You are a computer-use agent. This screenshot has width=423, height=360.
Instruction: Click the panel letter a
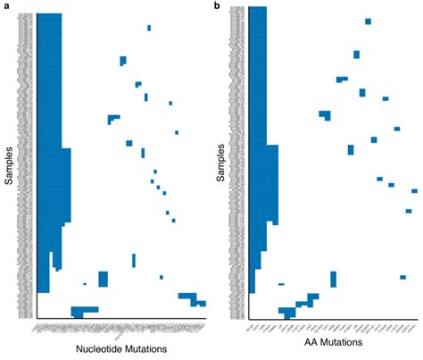tap(5, 6)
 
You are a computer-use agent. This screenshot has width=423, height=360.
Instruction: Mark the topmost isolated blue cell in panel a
tap(149, 27)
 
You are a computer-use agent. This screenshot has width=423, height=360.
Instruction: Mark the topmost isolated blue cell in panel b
tap(368, 21)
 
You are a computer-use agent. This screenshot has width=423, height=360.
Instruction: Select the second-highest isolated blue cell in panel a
tap(122, 61)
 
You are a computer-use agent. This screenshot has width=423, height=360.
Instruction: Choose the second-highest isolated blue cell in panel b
tap(356, 54)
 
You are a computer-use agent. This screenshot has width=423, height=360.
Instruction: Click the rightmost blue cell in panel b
tap(414, 190)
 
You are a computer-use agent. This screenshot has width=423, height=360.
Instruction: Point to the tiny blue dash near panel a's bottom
tap(85, 284)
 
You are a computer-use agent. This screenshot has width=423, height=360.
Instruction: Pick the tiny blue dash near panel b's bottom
tap(281, 284)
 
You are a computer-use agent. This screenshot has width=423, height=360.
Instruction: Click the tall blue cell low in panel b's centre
tap(333, 279)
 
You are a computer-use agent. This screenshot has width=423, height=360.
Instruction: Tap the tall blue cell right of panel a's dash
tap(103, 279)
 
